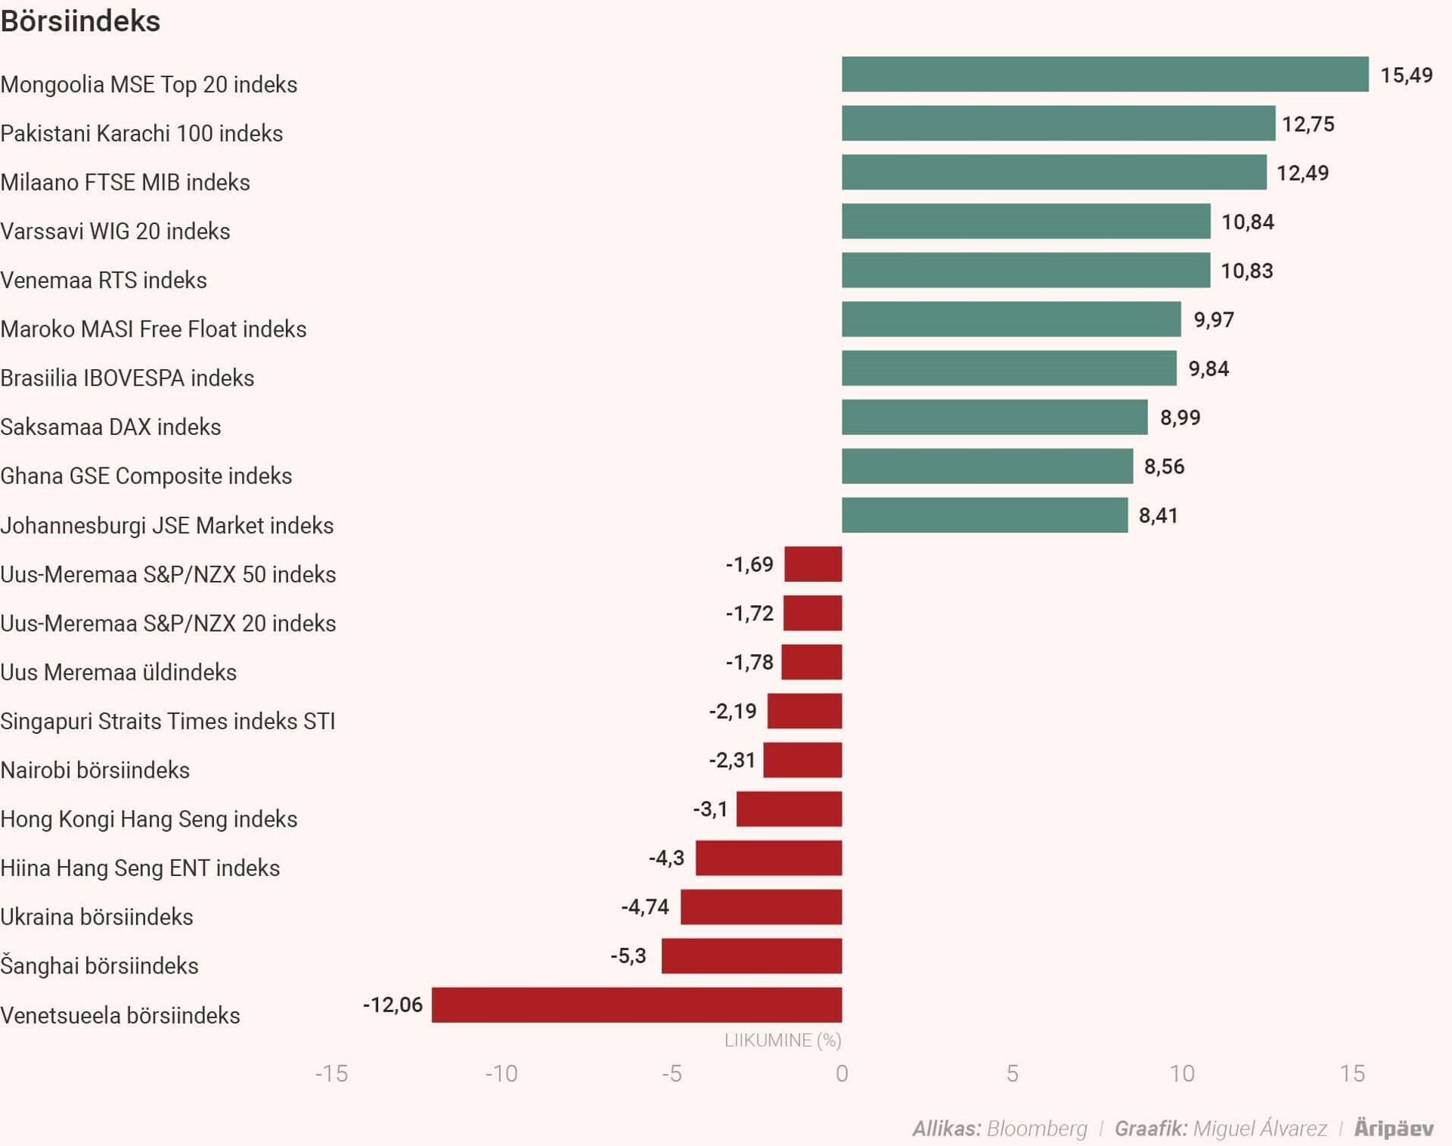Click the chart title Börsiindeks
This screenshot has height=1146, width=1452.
(x=80, y=21)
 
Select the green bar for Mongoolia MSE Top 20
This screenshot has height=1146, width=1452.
(x=1105, y=74)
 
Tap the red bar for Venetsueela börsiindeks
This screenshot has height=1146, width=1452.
(x=637, y=1005)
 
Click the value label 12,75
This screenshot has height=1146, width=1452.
(x=1308, y=124)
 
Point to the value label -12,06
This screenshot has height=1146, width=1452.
(x=392, y=1005)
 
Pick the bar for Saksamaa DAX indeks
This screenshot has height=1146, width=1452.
(x=994, y=417)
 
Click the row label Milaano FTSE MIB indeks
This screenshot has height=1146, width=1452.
(x=125, y=182)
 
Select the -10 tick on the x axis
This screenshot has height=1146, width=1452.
(x=501, y=1073)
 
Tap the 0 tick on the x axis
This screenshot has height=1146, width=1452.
(x=842, y=1073)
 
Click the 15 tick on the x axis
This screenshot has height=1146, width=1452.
(x=1352, y=1073)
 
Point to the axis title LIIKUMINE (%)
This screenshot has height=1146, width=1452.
(x=783, y=1040)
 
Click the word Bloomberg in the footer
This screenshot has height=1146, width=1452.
(x=1037, y=1129)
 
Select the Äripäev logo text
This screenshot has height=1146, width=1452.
(x=1393, y=1129)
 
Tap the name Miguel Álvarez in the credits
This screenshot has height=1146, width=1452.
(x=1259, y=1129)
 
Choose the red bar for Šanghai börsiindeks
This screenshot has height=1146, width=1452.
(x=752, y=955)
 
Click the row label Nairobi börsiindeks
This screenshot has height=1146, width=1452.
(x=95, y=770)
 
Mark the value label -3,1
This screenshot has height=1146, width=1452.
(x=710, y=809)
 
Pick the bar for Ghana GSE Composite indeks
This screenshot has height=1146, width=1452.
(x=987, y=466)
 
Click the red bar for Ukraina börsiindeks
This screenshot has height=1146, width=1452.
(x=761, y=907)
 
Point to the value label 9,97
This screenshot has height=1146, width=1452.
(x=1213, y=319)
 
